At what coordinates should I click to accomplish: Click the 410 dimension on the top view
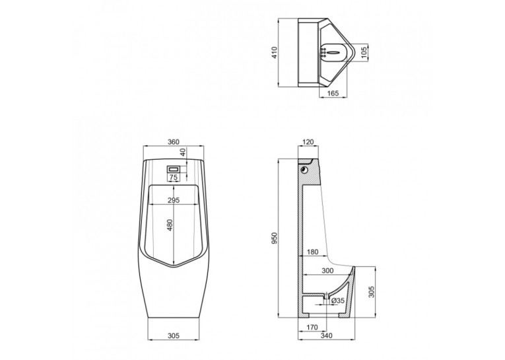pos(275,53)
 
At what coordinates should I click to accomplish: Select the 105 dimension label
pos(364,53)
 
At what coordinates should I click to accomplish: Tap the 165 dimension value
pos(333,93)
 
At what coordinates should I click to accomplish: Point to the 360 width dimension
pos(174,142)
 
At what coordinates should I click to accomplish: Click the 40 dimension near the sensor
pos(183,152)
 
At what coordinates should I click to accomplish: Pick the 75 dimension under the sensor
pos(173,177)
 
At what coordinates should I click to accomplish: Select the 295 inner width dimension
pos(174,200)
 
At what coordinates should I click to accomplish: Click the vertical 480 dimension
pos(170,225)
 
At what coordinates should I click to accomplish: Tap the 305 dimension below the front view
pos(173,336)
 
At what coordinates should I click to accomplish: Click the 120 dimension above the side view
pos(308,142)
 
